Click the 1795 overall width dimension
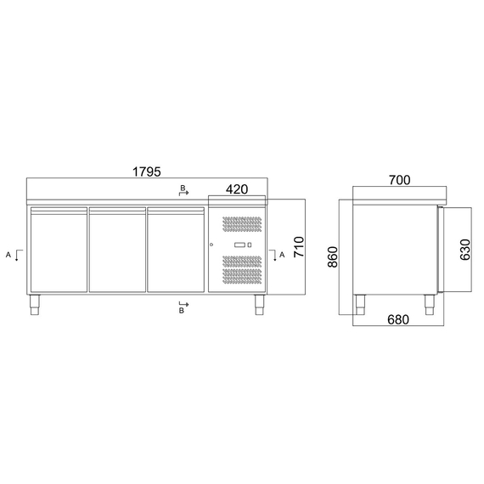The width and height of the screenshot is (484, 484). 146,172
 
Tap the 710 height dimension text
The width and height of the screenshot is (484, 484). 297,247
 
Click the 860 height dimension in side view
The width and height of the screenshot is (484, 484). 333,257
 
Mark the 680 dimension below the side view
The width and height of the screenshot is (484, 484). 397,319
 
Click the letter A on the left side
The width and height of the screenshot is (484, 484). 8,254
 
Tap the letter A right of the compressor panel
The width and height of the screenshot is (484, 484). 282,254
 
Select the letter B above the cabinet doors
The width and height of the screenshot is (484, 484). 180,186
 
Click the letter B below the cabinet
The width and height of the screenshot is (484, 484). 181,312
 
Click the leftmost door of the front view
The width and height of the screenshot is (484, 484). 58,250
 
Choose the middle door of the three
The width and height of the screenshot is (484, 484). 116,250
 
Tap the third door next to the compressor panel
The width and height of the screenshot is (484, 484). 176,250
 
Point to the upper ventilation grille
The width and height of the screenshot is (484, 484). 242,225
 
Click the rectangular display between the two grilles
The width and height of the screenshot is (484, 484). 239,245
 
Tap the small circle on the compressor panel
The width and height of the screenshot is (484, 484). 211,245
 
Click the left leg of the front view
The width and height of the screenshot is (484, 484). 37,305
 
